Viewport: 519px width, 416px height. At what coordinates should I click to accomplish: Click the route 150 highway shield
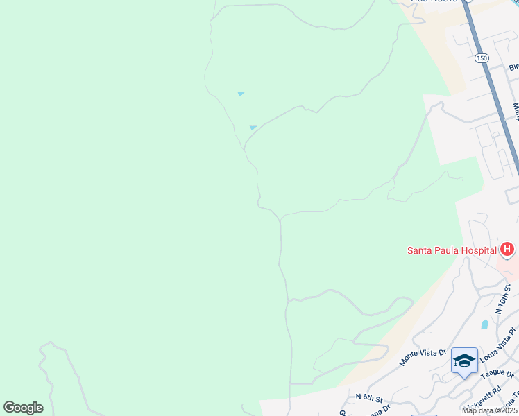pos(482,58)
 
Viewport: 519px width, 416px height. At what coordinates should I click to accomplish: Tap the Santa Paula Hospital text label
pos(451,250)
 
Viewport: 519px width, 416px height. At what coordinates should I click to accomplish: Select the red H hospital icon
pos(508,249)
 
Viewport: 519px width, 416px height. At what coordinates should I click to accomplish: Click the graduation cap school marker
pos(464,361)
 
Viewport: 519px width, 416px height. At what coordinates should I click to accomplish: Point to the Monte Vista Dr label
pos(423,357)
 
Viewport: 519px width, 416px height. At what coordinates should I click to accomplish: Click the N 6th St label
pos(370,398)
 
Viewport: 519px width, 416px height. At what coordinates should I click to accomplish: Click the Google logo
pos(23,408)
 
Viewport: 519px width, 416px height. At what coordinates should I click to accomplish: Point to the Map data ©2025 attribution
pos(490,410)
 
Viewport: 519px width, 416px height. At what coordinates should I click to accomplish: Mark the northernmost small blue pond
pos(241,94)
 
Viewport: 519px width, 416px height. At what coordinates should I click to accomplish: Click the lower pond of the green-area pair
pos(253,128)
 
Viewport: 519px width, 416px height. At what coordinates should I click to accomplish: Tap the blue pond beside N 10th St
pos(484,324)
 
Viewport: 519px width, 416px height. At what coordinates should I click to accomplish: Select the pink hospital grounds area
pos(508,267)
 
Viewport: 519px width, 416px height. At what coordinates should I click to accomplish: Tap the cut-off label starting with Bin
pos(514,67)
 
